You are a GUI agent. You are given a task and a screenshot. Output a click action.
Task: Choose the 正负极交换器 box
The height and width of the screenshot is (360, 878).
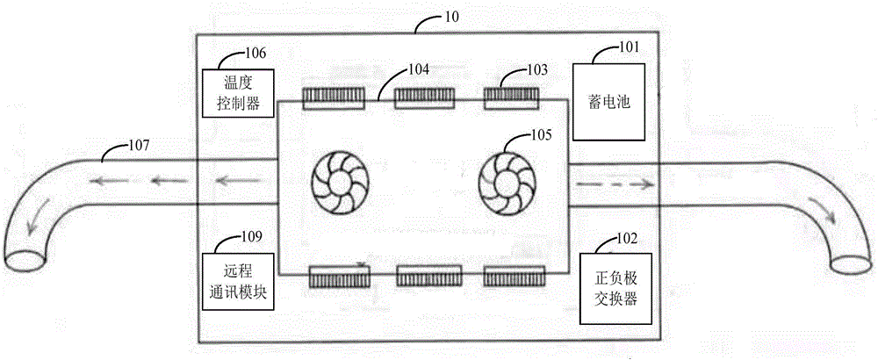tap(615, 288)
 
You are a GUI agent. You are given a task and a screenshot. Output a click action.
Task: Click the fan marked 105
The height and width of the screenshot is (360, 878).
tap(506, 183)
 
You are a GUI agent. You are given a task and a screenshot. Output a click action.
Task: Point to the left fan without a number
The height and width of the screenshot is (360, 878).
tap(339, 183)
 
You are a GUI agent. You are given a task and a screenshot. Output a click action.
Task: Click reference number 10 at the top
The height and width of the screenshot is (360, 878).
tap(452, 17)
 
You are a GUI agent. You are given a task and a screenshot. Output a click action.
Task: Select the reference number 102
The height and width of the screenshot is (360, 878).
tap(627, 239)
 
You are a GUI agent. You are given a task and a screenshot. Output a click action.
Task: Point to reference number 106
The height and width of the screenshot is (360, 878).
tap(255, 54)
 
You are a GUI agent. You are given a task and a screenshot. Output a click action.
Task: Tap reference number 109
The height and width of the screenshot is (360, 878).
tap(251, 235)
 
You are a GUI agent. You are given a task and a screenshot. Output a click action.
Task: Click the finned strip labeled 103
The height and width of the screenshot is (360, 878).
tap(512, 97)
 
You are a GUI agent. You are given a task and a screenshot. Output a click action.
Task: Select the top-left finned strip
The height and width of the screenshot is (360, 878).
tap(334, 98)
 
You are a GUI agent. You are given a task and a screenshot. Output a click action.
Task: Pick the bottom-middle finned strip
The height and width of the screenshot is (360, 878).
tap(429, 277)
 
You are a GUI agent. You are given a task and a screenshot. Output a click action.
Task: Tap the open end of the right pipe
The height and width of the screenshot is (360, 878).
tap(853, 265)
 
